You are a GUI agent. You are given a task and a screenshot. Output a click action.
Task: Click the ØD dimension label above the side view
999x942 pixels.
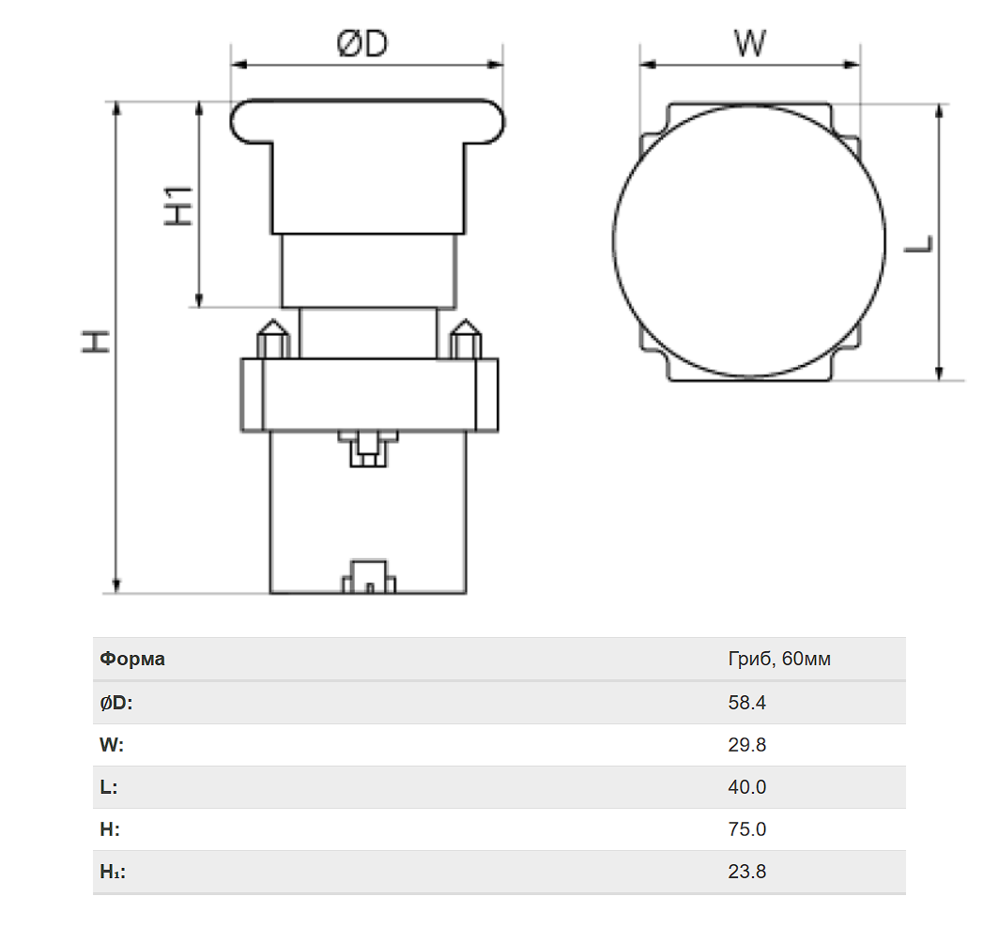(x=362, y=43)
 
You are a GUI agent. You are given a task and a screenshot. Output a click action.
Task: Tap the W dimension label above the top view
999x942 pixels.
(x=750, y=43)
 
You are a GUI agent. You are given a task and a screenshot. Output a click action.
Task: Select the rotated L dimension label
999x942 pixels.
(x=918, y=244)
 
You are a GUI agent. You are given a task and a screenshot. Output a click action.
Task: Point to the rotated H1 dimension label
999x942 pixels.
(x=178, y=205)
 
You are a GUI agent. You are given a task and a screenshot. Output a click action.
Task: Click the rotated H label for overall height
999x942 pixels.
(x=96, y=342)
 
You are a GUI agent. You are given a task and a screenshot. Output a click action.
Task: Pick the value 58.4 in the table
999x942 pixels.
(x=746, y=703)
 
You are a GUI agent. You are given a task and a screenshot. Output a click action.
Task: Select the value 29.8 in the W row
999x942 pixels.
(x=746, y=745)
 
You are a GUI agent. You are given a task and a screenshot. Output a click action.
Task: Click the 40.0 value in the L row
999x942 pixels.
(x=746, y=787)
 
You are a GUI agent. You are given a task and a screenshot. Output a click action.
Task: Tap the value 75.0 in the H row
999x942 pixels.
(x=746, y=829)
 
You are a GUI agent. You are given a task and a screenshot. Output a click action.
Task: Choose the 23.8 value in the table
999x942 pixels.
(x=746, y=872)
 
